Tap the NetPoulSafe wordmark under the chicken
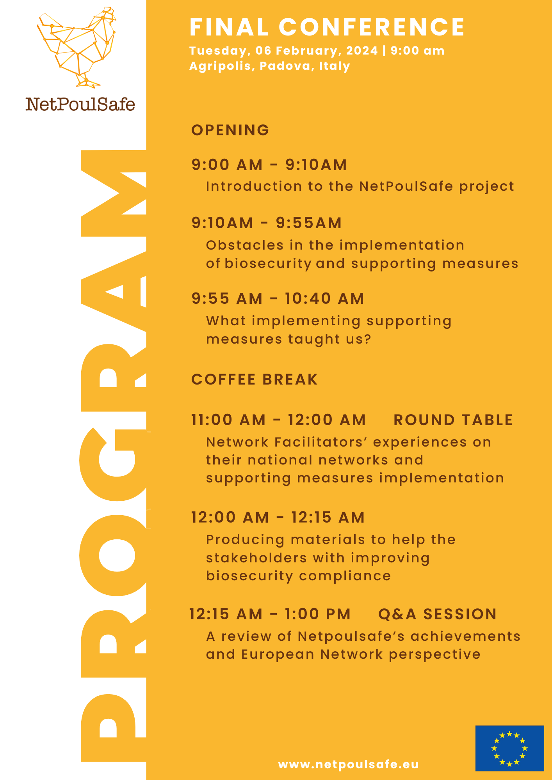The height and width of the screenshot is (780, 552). click(x=80, y=104)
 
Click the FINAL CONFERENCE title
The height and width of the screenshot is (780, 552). click(x=327, y=27)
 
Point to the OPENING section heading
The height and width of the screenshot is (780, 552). click(x=230, y=130)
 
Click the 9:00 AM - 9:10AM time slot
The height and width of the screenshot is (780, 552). click(x=269, y=165)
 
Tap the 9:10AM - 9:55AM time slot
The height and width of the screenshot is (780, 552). click(x=267, y=223)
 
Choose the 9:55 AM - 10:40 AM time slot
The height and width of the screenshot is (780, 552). click(x=278, y=299)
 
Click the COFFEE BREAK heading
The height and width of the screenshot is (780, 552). click(x=255, y=379)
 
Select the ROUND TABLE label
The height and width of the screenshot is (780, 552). click(x=453, y=420)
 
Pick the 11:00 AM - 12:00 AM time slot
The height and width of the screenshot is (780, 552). click(x=278, y=420)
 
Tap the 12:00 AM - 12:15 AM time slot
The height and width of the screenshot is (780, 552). click(x=278, y=518)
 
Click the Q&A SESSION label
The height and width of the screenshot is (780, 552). click(x=437, y=614)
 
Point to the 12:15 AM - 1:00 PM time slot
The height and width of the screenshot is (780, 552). click(x=270, y=614)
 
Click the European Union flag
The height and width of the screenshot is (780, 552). click(x=509, y=748)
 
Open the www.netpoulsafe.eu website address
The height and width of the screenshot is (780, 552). click(x=348, y=764)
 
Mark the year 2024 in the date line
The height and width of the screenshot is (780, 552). click(x=362, y=51)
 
